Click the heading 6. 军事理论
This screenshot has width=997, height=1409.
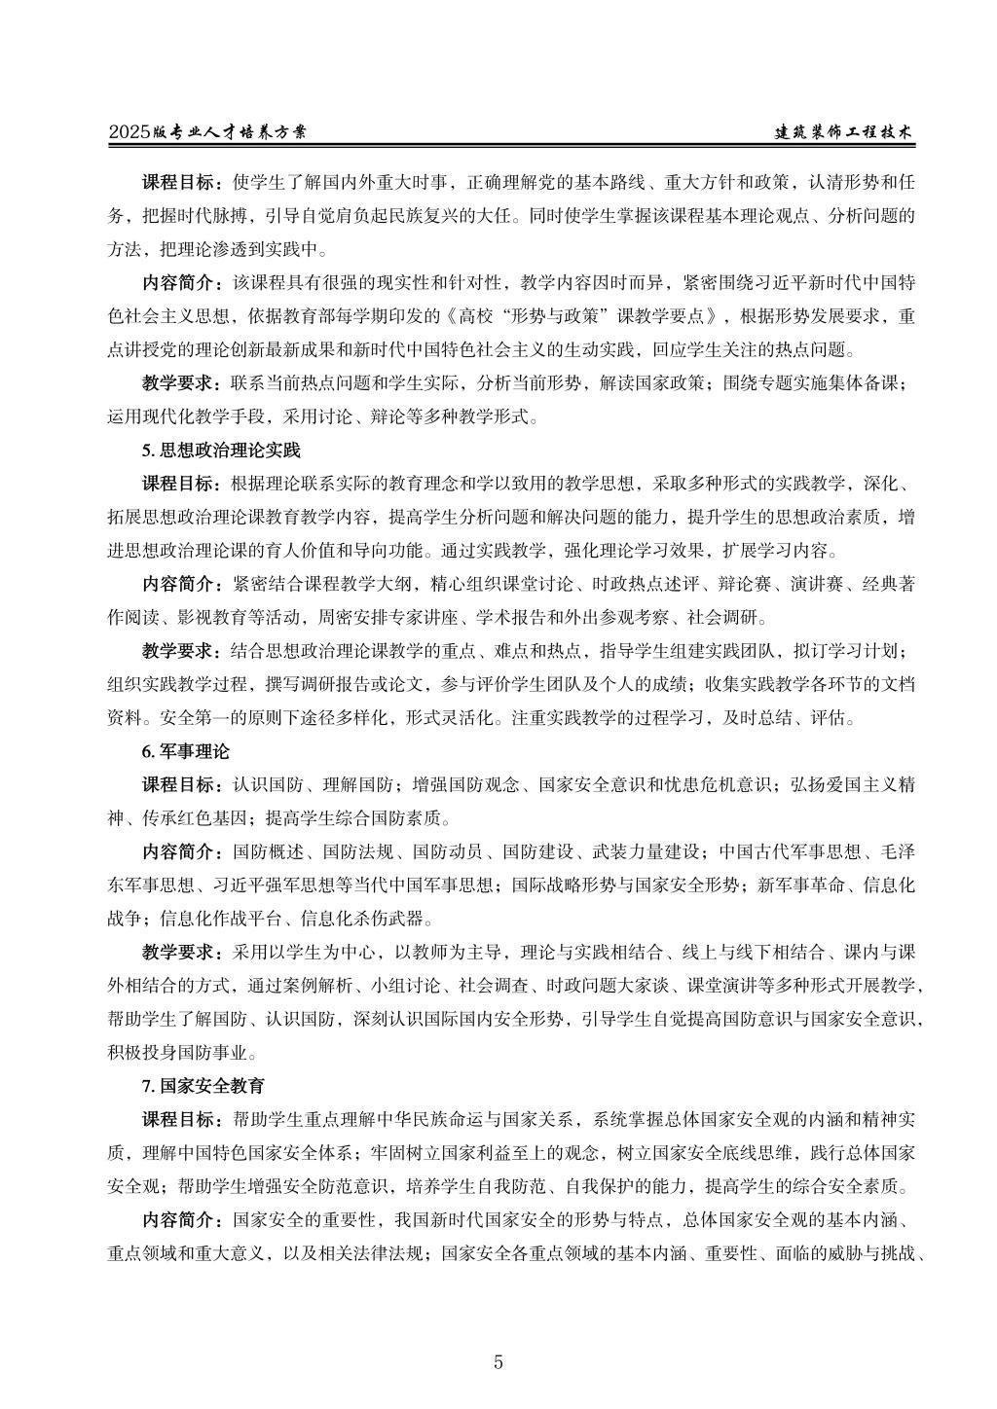[185, 752]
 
